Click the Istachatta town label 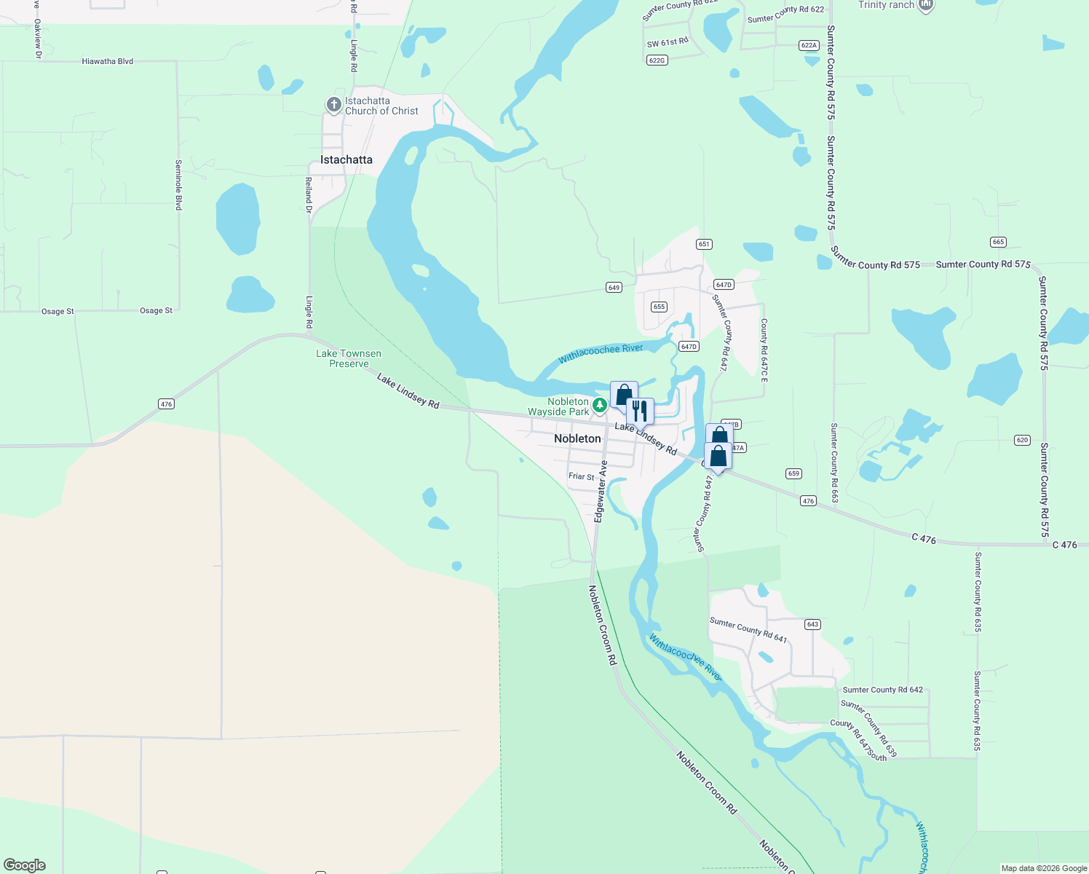tap(346, 160)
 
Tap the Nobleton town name tap(577, 438)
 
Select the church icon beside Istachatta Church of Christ tap(333, 106)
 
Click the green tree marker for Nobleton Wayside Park tap(600, 405)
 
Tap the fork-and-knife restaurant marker tap(640, 411)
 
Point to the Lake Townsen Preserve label tap(349, 358)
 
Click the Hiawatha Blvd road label tap(108, 61)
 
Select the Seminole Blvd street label tap(178, 185)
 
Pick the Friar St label tap(581, 476)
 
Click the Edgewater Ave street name tap(601, 491)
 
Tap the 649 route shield tap(614, 288)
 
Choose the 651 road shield tap(704, 244)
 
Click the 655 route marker tap(659, 307)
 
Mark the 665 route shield tap(998, 242)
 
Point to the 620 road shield tap(1022, 440)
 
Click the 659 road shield tap(793, 473)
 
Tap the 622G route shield tap(657, 60)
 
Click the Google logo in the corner tap(25, 865)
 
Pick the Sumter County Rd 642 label tap(882, 690)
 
